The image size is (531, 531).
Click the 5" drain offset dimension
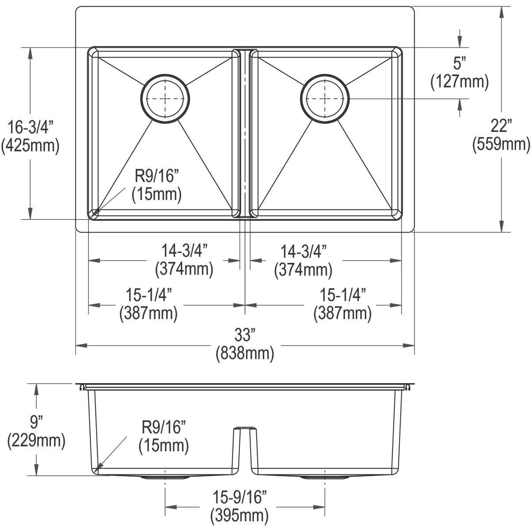[x=460, y=64]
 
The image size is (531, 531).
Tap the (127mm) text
[x=460, y=81]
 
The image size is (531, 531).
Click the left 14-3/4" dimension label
[x=184, y=251]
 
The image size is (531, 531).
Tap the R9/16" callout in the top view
[x=156, y=177]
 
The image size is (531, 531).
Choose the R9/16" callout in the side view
[x=163, y=427]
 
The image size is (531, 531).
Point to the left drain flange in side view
[x=165, y=478]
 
